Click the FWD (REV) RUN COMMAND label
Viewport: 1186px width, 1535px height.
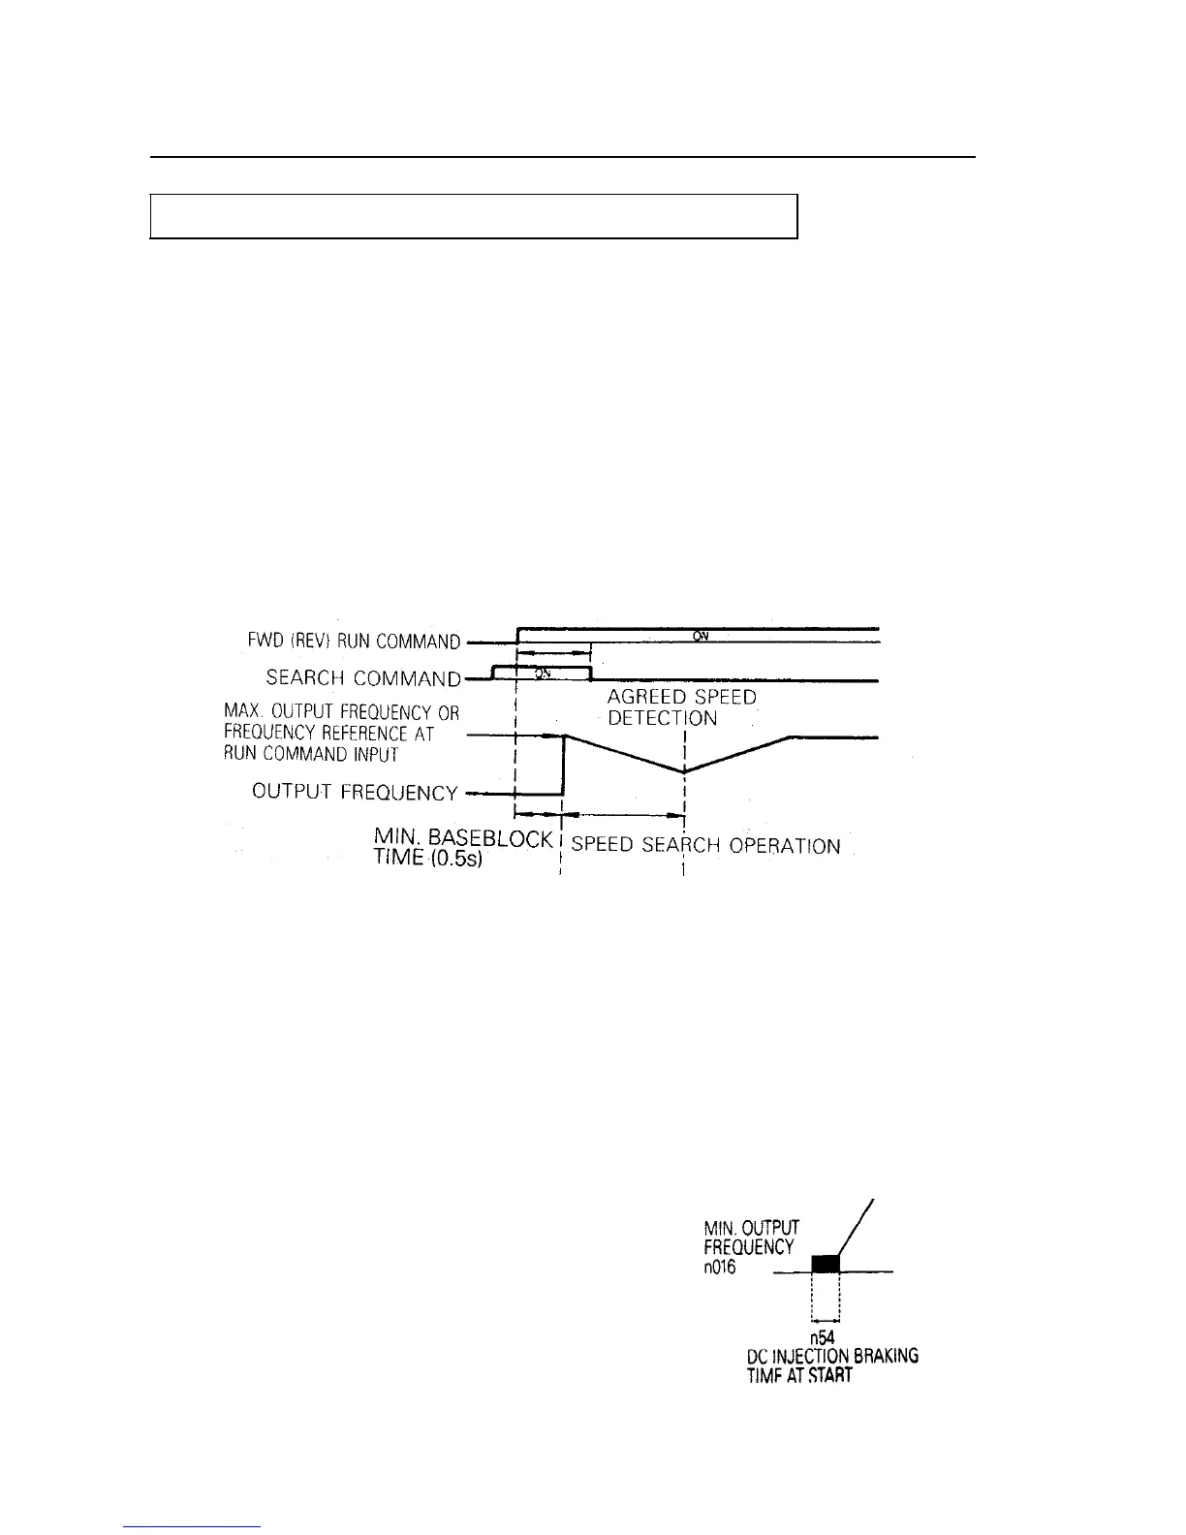pyautogui.click(x=354, y=642)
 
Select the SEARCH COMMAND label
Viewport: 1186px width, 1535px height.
pyautogui.click(x=362, y=678)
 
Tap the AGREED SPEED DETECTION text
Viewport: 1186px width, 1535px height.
pyautogui.click(x=681, y=707)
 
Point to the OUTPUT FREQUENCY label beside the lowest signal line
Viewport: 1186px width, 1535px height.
pyautogui.click(x=355, y=792)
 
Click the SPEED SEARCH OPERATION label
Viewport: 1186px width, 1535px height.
pyautogui.click(x=705, y=845)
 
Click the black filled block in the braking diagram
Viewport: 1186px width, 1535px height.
pyautogui.click(x=825, y=1263)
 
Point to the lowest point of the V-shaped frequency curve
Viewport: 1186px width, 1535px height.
pyautogui.click(x=685, y=770)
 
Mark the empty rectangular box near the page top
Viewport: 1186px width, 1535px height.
pyautogui.click(x=473, y=215)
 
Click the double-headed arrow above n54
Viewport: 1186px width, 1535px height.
pyautogui.click(x=825, y=1319)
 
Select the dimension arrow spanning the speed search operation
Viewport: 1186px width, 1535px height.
pyautogui.click(x=624, y=816)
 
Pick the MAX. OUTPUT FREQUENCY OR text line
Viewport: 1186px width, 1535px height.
pyautogui.click(x=341, y=713)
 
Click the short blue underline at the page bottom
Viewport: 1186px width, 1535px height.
pyautogui.click(x=193, y=1526)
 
